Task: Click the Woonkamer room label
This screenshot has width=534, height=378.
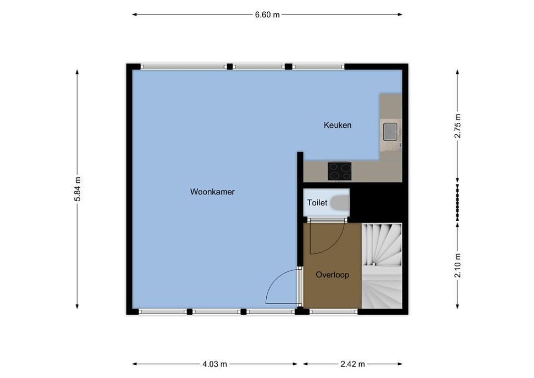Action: pyautogui.click(x=212, y=192)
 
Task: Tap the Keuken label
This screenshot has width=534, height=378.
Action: pyautogui.click(x=337, y=125)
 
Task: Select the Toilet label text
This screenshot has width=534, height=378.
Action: pyautogui.click(x=317, y=203)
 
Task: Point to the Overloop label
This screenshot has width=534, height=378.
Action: pyautogui.click(x=332, y=275)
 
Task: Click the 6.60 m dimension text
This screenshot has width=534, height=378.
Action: pyautogui.click(x=267, y=15)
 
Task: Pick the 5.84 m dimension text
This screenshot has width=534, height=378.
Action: pyautogui.click(x=77, y=189)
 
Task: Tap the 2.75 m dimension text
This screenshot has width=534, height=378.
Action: pyautogui.click(x=457, y=126)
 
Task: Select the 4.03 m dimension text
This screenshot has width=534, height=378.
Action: pyautogui.click(x=215, y=364)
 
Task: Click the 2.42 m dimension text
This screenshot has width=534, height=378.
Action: pyautogui.click(x=353, y=364)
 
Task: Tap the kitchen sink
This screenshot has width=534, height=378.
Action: pyautogui.click(x=390, y=131)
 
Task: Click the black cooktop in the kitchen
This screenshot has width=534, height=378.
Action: pyautogui.click(x=340, y=171)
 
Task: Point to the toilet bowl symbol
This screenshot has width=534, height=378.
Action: pyautogui.click(x=339, y=203)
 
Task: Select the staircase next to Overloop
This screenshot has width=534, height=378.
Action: pyautogui.click(x=381, y=265)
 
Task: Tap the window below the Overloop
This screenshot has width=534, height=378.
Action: pyautogui.click(x=333, y=311)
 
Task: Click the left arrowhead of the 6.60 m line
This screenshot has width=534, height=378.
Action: pyautogui.click(x=134, y=15)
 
